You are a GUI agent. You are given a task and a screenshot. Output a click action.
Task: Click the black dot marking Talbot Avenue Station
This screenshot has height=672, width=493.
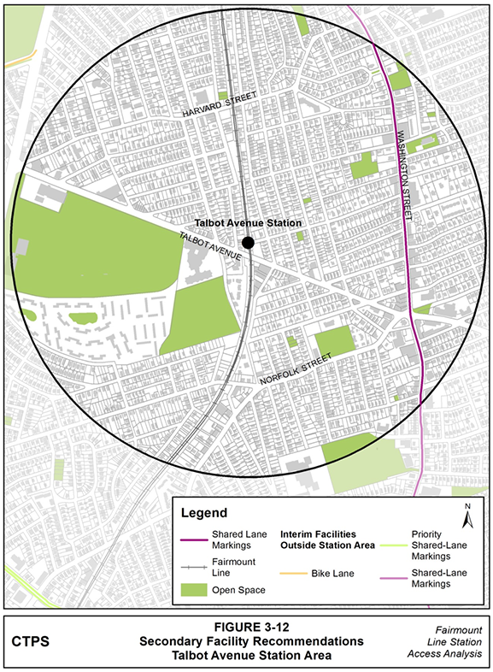click(247, 244)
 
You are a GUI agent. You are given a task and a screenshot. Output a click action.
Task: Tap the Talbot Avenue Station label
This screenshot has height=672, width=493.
click(249, 223)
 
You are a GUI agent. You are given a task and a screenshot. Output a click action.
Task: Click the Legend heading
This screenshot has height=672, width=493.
click(205, 514)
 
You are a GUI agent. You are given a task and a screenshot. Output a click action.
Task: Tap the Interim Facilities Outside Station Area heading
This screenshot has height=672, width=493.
click(328, 545)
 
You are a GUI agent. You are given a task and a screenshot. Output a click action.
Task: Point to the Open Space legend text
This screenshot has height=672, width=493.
click(238, 590)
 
